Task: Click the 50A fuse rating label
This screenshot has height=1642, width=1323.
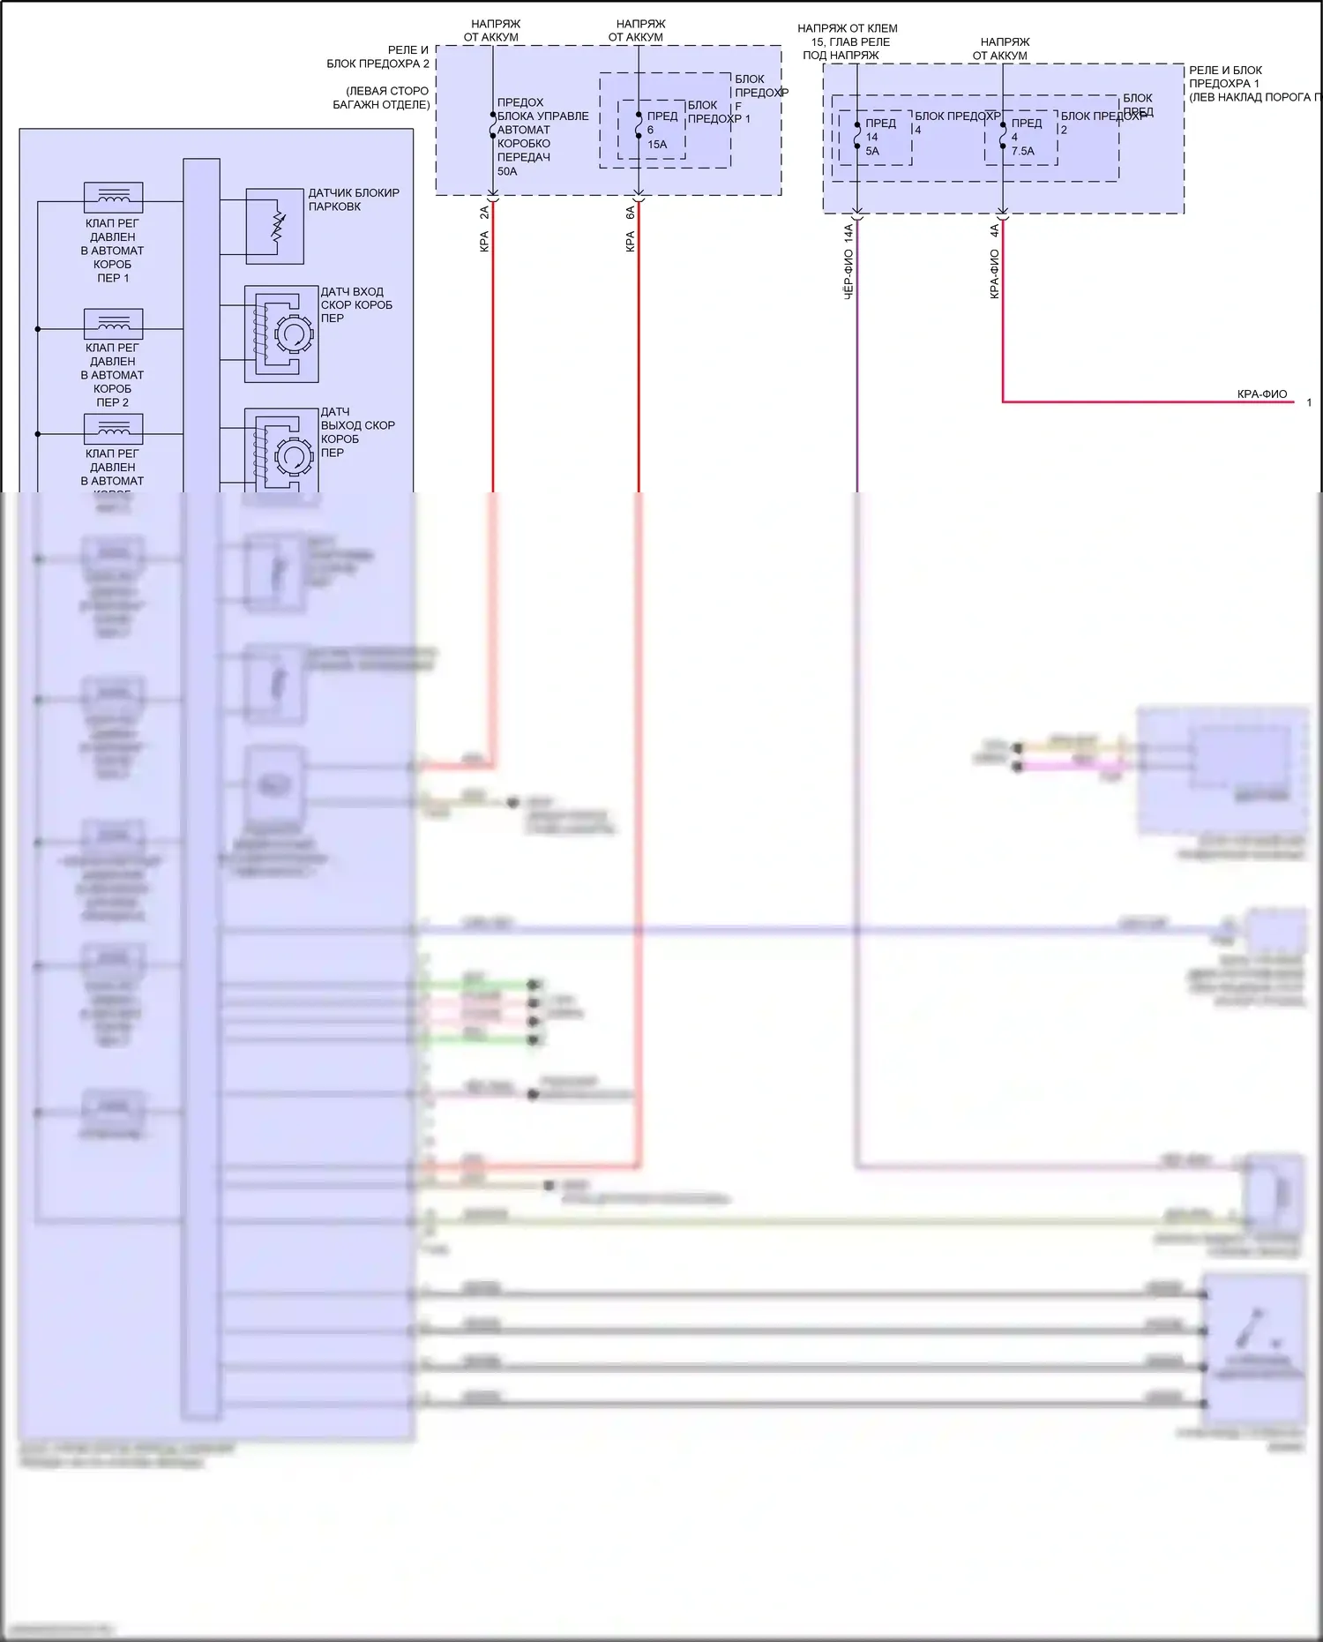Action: tap(507, 171)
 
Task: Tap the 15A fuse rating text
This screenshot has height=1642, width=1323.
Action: tap(657, 145)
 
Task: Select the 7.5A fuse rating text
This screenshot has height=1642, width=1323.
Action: tap(1023, 151)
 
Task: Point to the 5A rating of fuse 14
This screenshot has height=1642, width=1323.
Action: tap(872, 151)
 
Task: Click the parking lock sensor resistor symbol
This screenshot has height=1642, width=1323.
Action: tap(277, 226)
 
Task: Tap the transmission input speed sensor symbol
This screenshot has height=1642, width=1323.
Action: tap(281, 334)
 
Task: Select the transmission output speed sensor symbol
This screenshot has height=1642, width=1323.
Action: tap(281, 454)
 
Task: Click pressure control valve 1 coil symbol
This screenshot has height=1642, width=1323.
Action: tap(113, 197)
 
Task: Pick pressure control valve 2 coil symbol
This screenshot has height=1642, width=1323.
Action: tap(113, 323)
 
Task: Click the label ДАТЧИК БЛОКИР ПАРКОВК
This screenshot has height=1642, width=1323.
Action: tap(353, 199)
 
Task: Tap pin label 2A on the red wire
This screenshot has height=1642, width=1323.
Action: tap(484, 213)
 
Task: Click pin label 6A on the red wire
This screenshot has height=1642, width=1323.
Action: tap(630, 213)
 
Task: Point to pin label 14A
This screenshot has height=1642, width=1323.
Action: tap(848, 232)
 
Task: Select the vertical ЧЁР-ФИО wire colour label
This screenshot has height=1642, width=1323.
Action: tap(848, 274)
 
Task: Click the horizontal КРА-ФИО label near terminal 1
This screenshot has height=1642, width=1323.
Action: tap(1261, 394)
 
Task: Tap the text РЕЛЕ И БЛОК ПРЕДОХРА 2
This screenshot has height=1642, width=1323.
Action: tap(379, 56)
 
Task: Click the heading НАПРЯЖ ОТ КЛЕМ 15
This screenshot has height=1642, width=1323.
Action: tap(847, 35)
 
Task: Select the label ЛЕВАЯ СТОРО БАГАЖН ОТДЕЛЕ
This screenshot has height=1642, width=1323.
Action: tap(382, 98)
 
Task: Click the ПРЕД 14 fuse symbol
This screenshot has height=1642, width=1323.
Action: tap(857, 135)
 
